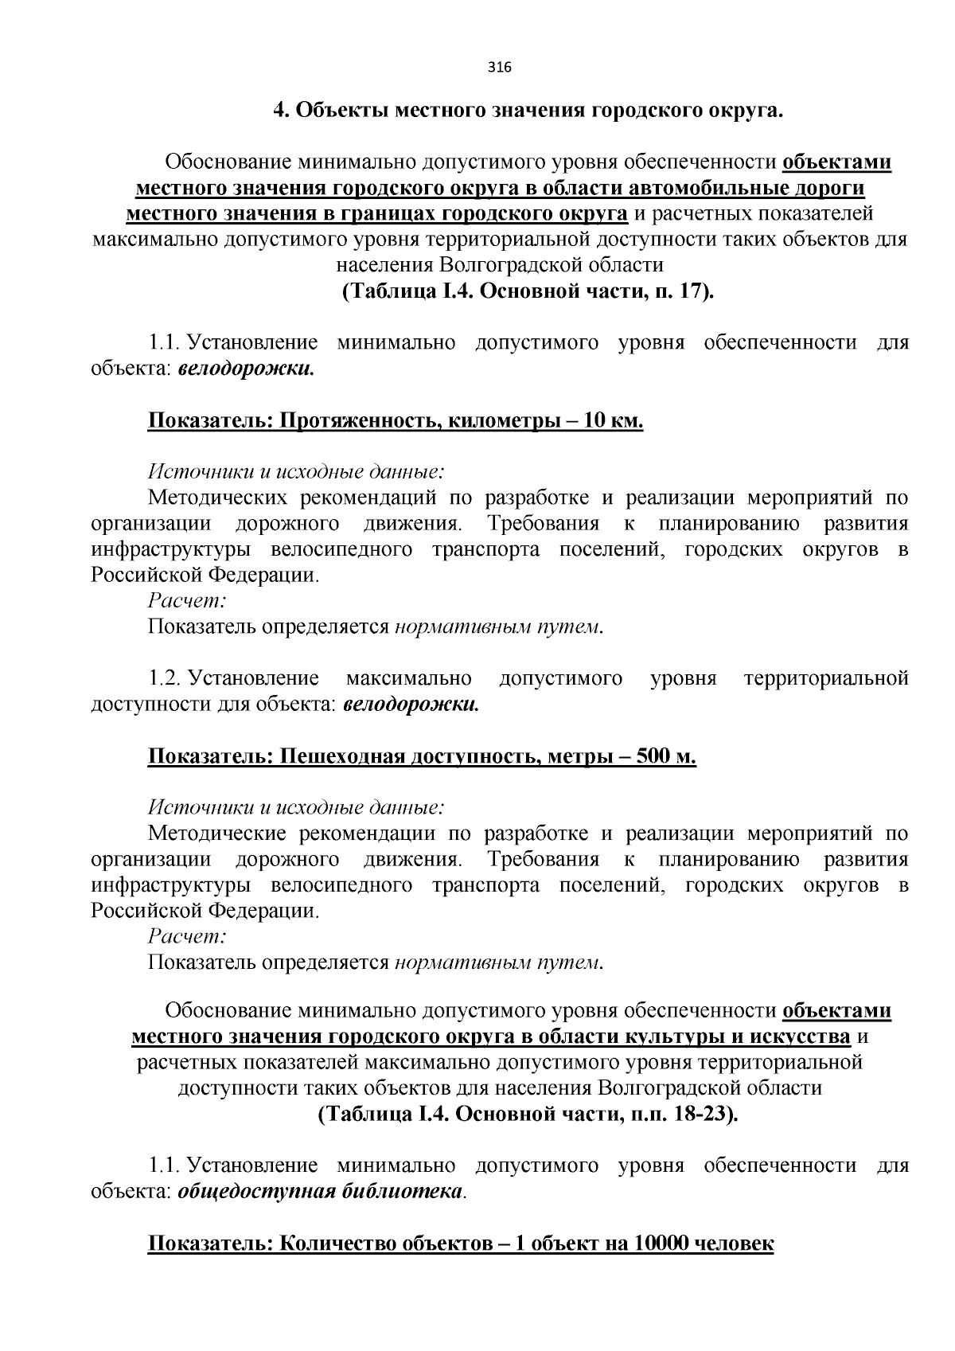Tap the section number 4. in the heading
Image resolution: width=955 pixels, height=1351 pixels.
point(281,111)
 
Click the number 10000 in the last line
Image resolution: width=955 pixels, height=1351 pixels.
point(664,1244)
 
